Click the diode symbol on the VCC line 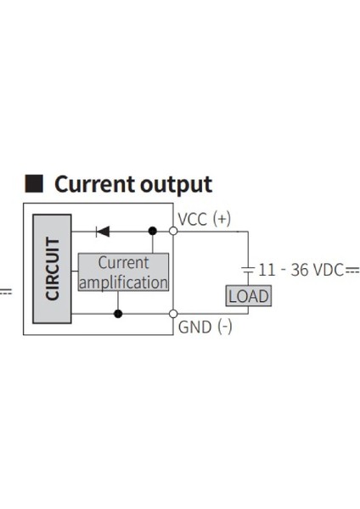103,230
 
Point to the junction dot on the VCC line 153,230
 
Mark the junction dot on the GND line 118,314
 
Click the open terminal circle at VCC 173,230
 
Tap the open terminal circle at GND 173,314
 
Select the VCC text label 193,219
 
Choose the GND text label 194,327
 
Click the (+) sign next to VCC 222,219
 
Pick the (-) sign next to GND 224,327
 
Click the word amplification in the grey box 123,282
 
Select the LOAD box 248,296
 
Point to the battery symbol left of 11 248,270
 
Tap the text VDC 328,270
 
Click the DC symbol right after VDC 352,270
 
